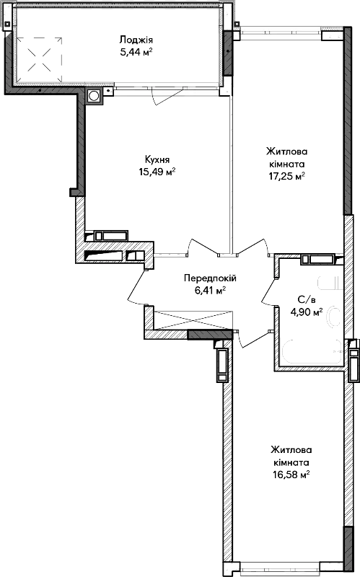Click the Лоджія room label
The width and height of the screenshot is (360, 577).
coord(136,40)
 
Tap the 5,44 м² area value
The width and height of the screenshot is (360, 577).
coord(136,52)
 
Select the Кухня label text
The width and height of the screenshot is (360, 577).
coord(157,159)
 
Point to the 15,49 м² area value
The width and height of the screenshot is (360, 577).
coord(157,172)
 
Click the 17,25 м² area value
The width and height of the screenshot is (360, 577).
coord(286,176)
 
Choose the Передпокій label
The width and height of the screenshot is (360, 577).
coord(210,278)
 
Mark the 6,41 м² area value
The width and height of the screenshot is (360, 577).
coord(210,291)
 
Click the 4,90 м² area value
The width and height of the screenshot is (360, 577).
coord(307,312)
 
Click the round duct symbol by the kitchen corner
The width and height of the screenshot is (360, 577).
coord(95,96)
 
